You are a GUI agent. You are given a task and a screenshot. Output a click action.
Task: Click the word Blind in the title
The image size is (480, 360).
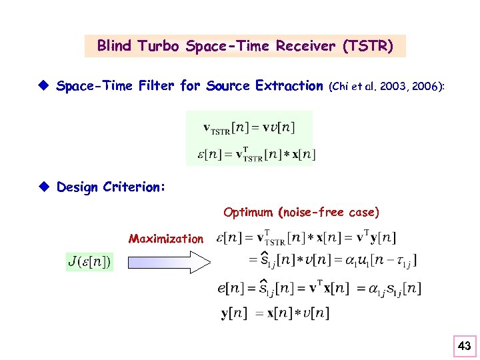[114, 46]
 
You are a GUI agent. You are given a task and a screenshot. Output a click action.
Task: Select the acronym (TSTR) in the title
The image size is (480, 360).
[367, 46]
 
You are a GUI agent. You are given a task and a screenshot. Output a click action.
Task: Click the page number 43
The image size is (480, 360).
[465, 345]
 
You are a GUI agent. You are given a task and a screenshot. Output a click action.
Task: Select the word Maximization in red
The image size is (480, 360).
[166, 239]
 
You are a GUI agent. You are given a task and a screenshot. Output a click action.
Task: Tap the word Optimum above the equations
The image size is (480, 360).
[249, 213]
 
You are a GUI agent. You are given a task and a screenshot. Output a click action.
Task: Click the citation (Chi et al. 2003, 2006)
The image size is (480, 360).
[387, 86]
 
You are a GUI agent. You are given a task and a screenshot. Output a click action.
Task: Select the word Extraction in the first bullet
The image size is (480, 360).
[289, 85]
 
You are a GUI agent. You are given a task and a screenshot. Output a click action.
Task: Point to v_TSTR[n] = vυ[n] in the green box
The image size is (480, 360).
[249, 127]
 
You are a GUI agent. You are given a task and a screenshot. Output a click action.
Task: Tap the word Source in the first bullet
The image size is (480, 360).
[228, 85]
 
